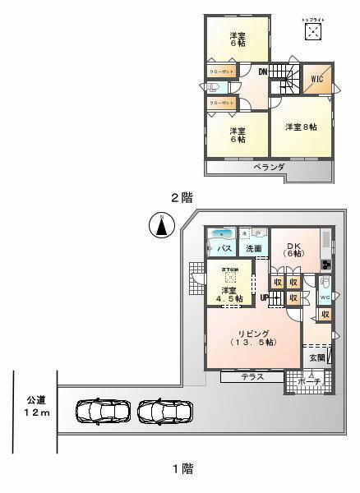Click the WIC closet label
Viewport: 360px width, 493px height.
[316, 81]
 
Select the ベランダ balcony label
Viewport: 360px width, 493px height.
[269, 167]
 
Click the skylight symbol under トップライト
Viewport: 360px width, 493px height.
[313, 31]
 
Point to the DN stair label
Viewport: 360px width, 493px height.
[262, 72]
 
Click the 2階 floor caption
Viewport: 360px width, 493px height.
[181, 196]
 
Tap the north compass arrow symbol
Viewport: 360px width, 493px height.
[162, 223]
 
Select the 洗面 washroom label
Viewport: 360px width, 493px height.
[253, 249]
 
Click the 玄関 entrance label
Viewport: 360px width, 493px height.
[316, 358]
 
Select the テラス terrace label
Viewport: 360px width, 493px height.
[252, 376]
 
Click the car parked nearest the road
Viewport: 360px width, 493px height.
[101, 409]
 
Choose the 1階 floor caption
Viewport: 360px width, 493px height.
[182, 469]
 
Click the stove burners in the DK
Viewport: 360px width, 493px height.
[326, 264]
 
